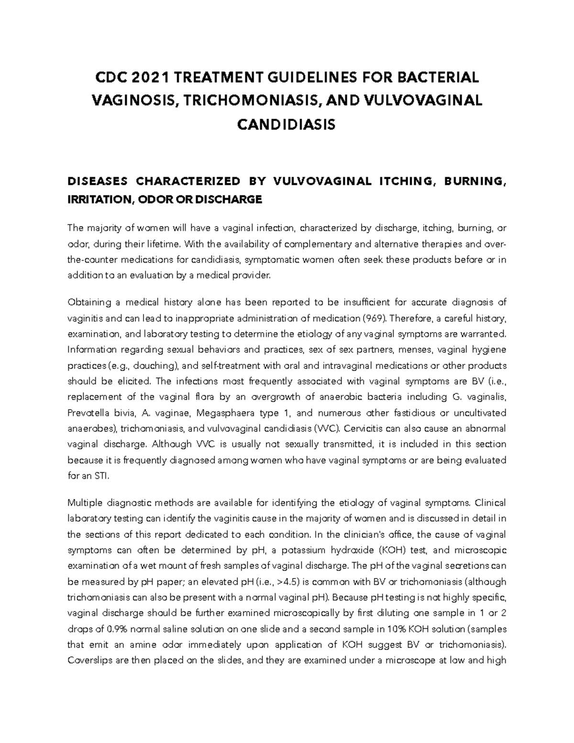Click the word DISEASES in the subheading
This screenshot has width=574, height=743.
(98, 181)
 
